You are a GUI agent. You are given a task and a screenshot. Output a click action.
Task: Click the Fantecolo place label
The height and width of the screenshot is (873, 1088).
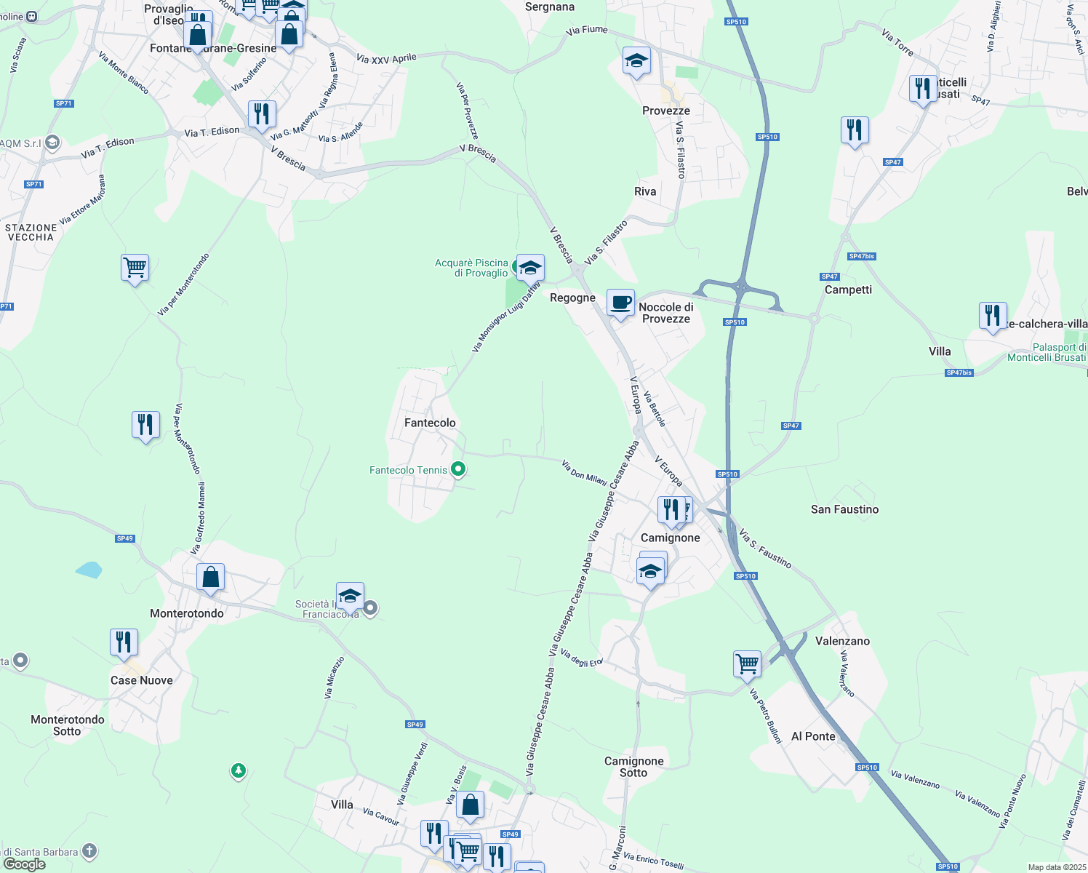click(x=430, y=423)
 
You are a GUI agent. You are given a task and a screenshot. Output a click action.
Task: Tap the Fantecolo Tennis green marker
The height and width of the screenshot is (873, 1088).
click(x=458, y=469)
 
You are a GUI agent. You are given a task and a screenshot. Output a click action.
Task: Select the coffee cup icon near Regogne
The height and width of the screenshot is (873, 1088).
click(x=620, y=303)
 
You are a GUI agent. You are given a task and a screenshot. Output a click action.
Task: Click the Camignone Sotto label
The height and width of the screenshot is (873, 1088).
click(x=633, y=767)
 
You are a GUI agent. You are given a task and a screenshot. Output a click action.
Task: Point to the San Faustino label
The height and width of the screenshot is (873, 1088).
click(x=844, y=509)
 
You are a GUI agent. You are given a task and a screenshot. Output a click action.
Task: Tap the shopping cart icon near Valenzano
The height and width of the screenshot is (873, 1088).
click(x=747, y=663)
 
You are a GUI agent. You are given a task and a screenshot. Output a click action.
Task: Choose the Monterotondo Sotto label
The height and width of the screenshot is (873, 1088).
click(x=68, y=725)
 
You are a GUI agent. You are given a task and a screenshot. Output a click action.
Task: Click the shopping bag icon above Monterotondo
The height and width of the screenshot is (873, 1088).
click(x=210, y=577)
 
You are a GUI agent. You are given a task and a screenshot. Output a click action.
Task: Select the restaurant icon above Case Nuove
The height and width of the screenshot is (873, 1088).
click(x=124, y=642)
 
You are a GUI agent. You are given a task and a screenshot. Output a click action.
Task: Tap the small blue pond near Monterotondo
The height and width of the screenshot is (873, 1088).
click(x=89, y=570)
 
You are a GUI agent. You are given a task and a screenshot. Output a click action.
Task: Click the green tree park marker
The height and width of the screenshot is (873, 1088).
click(x=238, y=770)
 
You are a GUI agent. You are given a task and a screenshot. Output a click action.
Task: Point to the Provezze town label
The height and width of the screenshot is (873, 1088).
click(x=666, y=111)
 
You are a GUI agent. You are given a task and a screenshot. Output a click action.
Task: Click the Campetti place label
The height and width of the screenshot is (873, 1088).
click(x=848, y=290)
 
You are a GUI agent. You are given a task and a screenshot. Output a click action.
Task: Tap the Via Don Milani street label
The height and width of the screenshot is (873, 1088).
click(x=585, y=473)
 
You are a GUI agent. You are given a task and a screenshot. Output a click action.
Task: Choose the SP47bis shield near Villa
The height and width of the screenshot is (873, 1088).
click(x=959, y=372)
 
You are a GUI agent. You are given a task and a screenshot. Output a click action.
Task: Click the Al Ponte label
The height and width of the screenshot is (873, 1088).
click(x=813, y=736)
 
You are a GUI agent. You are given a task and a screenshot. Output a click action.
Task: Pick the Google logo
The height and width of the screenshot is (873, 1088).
click(x=25, y=864)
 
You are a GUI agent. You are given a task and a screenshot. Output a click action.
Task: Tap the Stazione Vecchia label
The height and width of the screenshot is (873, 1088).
click(x=31, y=232)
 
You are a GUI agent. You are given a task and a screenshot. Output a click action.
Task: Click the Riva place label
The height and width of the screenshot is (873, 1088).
click(x=645, y=191)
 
